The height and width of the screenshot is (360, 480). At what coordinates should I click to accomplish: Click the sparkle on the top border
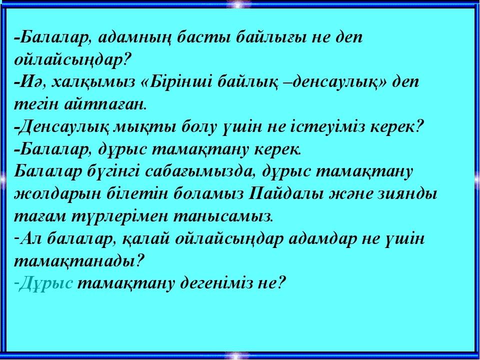point(238,4)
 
